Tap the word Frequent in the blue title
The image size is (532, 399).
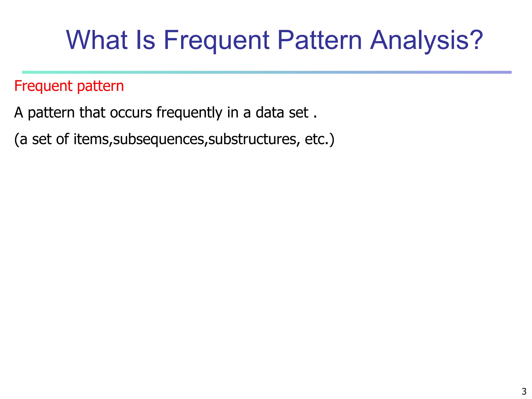[217, 41]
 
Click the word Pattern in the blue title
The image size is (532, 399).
[320, 40]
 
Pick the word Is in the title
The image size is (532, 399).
[145, 40]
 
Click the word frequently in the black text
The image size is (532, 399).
[189, 113]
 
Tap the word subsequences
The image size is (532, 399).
[159, 139]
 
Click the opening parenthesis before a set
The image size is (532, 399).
[16, 139]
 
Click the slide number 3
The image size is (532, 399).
[524, 391]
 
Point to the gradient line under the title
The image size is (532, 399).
[267, 72]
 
